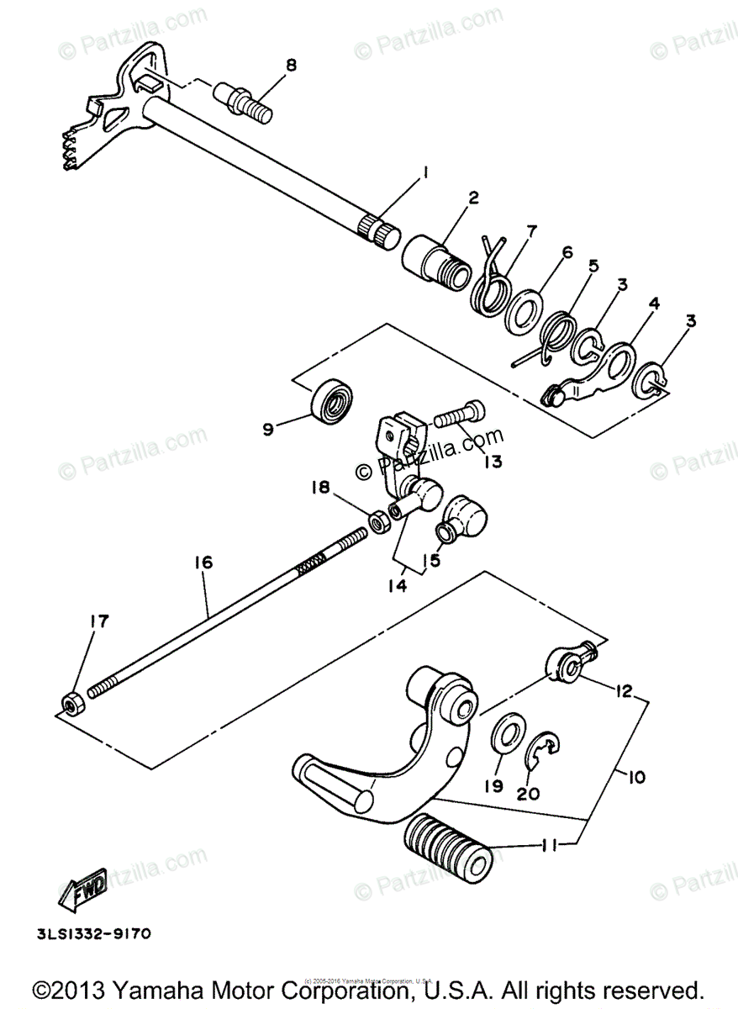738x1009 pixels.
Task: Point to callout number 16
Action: tap(205, 562)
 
